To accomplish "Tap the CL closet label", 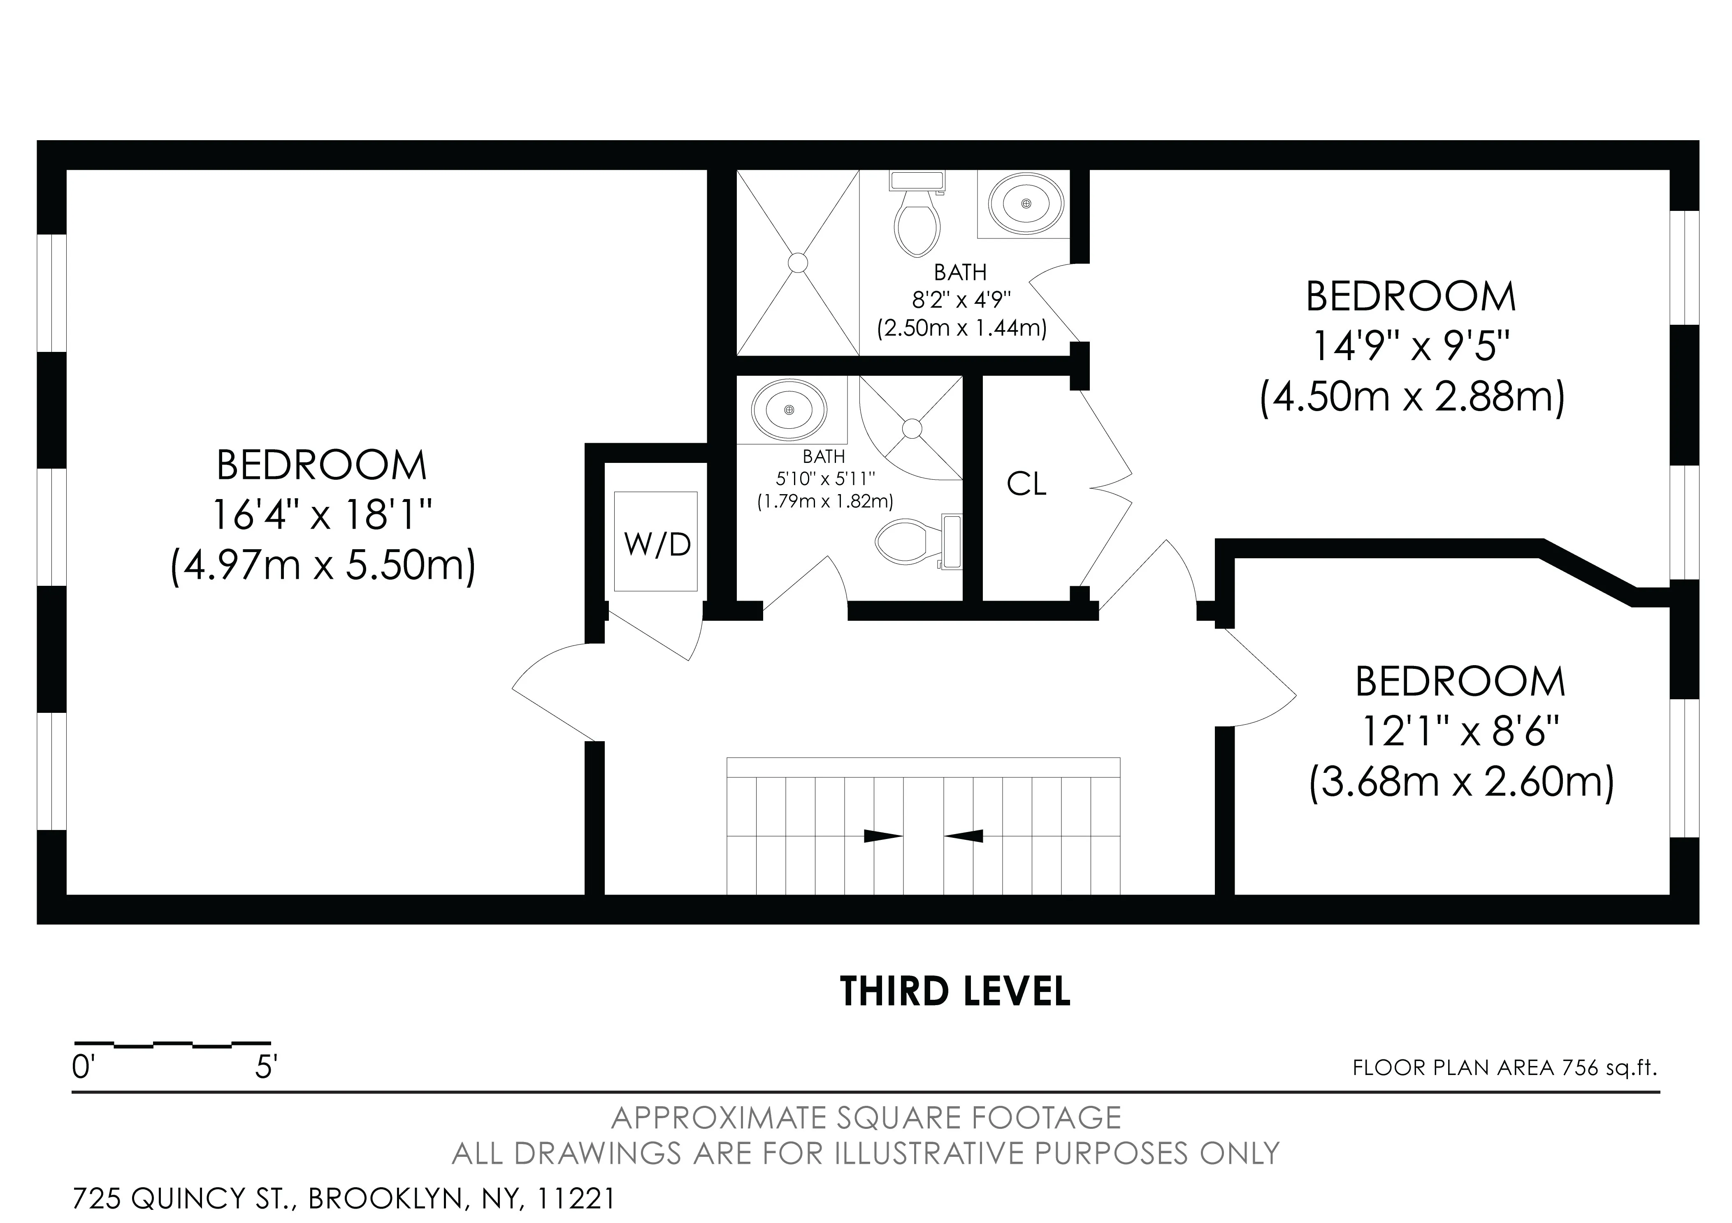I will pyautogui.click(x=1027, y=484).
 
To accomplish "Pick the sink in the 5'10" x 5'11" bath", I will pyautogui.click(x=789, y=409).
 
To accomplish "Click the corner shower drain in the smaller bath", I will pyautogui.click(x=912, y=428).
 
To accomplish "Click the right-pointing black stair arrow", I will pyautogui.click(x=882, y=835).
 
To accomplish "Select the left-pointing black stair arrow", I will pyautogui.click(x=964, y=835).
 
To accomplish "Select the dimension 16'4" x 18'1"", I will pyautogui.click(x=322, y=515).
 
